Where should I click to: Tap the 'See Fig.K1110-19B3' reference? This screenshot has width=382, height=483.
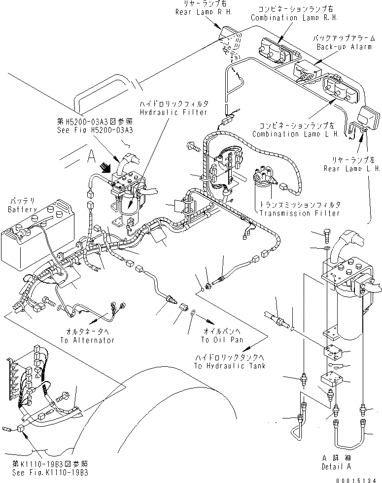coord(51,472)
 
